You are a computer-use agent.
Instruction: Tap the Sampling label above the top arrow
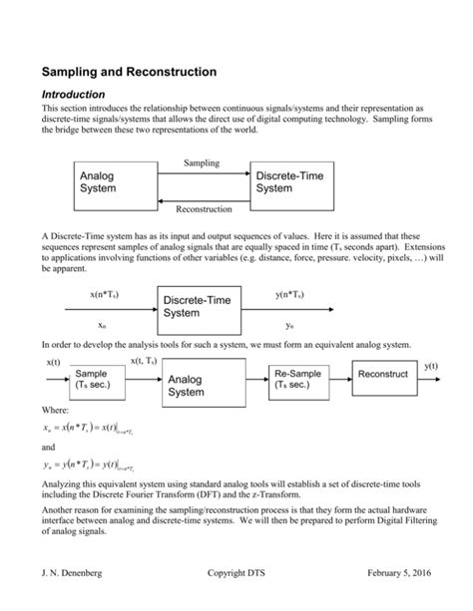[204, 161]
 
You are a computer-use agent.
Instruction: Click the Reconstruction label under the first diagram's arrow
[204, 209]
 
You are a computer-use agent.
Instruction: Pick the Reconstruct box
[382, 375]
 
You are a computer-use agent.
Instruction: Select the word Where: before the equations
[54, 410]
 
